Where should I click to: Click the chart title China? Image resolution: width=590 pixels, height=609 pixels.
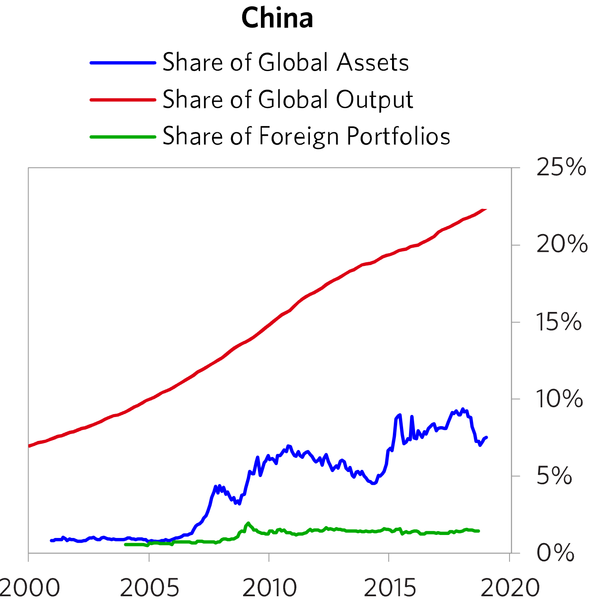tap(277, 18)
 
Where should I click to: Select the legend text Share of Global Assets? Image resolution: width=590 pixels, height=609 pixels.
tap(286, 63)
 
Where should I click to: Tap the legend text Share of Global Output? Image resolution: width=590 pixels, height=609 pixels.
tap(288, 100)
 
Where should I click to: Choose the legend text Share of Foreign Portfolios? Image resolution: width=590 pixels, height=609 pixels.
tap(306, 137)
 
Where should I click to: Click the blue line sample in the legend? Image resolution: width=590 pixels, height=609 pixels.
tap(123, 63)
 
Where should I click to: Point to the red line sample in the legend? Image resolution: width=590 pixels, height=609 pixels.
tap(123, 100)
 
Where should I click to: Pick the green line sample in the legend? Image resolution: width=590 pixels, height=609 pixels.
tap(123, 137)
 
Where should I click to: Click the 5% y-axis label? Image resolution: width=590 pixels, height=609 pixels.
tap(554, 476)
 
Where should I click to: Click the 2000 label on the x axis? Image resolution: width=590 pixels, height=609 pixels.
tap(29, 589)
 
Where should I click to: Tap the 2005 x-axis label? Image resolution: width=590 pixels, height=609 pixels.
tap(149, 589)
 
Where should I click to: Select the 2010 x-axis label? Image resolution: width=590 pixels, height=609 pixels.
tap(269, 589)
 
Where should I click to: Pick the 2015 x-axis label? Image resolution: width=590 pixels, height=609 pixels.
tap(390, 589)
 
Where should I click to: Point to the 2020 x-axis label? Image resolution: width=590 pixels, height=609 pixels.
tap(510, 589)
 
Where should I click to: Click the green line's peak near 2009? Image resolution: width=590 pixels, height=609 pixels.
tap(248, 523)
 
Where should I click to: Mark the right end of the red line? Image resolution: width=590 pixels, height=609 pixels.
tap(485, 209)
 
